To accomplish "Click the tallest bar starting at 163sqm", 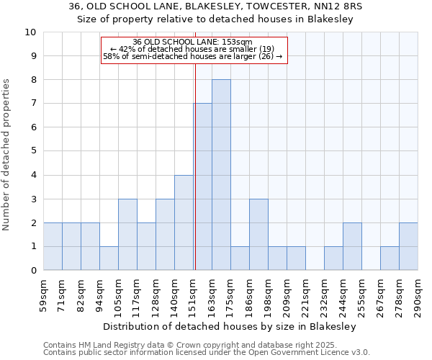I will (x=221, y=175).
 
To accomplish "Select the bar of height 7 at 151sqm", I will (x=202, y=186).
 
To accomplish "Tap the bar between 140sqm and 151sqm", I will (x=184, y=222).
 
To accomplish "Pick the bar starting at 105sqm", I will (x=127, y=235).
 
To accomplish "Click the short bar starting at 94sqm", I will (x=109, y=258).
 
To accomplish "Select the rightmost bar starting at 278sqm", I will (x=408, y=246).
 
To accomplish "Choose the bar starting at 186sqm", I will (x=258, y=235).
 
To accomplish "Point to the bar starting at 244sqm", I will (x=352, y=246).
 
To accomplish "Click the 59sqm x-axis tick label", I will (x=44, y=292).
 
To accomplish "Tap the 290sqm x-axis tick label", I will (x=418, y=292).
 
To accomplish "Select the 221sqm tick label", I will (x=306, y=292).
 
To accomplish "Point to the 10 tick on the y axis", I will (x=30, y=32).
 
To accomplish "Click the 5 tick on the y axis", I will (x=33, y=151).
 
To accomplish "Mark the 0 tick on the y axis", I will (x=33, y=271).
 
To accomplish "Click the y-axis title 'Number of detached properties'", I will (x=7, y=156).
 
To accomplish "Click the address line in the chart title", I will (x=216, y=6).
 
